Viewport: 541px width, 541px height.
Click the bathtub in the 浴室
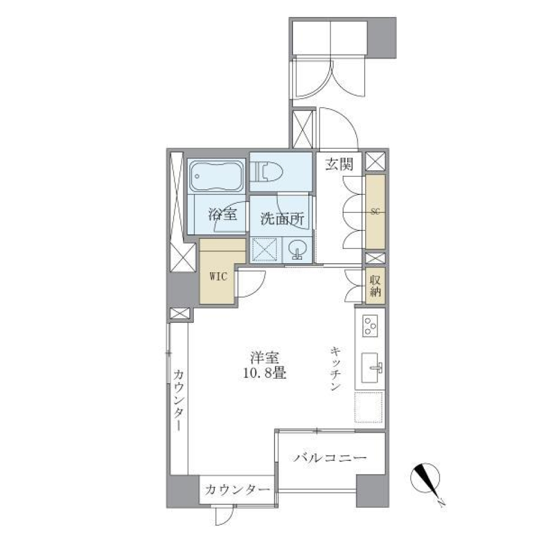coord(217,176)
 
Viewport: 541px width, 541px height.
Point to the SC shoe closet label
coord(375,211)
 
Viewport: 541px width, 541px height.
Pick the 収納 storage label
coord(375,286)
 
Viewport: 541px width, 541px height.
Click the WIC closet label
coord(219,276)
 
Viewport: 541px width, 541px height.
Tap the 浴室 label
coord(221,214)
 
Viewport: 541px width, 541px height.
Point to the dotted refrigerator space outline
coord(369,407)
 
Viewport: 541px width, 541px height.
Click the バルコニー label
coord(330,458)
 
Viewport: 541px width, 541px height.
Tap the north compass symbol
coord(426,480)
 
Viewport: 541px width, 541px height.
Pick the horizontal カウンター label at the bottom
coord(237,489)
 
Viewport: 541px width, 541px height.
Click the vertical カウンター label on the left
coord(178,400)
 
